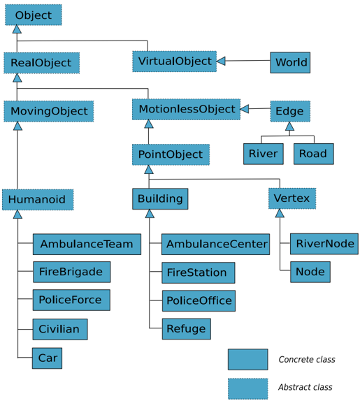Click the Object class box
34,15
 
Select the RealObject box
41,63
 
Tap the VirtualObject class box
175,61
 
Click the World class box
290,62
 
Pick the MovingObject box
49,111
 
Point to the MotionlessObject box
186,109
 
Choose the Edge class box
290,111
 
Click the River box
264,154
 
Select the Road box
314,154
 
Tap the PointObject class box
171,154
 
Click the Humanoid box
38,200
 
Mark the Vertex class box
292,198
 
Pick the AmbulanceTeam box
87,244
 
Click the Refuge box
187,329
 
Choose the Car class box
47,358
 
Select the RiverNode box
324,244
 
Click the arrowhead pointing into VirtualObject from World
221,61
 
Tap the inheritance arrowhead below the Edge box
289,126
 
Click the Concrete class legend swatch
248,359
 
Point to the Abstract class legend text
305,387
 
